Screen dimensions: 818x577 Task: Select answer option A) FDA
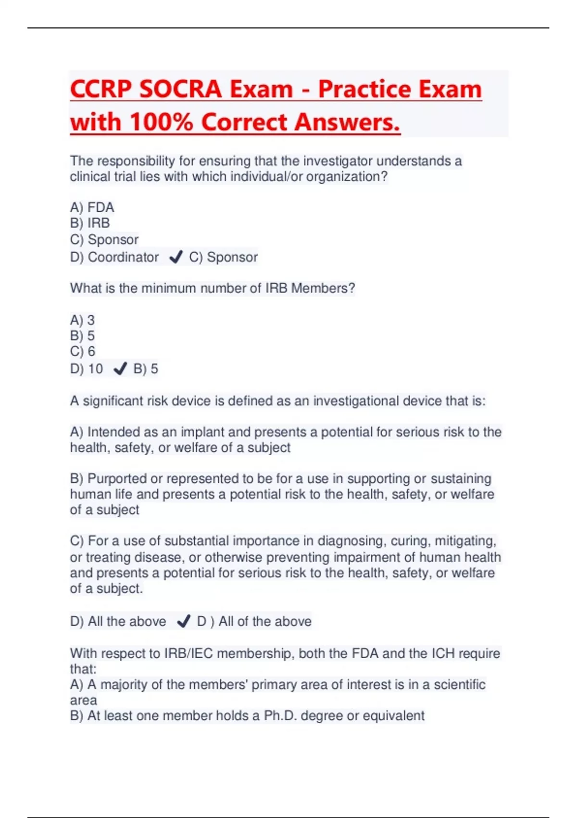click(x=92, y=207)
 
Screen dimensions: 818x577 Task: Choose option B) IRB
click(x=90, y=223)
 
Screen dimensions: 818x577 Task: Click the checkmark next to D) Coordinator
click(x=176, y=257)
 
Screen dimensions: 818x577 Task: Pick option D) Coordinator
click(x=114, y=257)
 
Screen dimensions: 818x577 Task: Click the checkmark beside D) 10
click(x=120, y=369)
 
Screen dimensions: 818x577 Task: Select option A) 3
click(x=82, y=320)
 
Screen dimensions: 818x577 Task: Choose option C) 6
click(x=83, y=351)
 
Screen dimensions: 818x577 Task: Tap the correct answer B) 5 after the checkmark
click(x=146, y=369)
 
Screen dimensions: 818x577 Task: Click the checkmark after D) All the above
click(x=183, y=622)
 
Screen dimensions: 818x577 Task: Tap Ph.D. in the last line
click(x=279, y=716)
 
